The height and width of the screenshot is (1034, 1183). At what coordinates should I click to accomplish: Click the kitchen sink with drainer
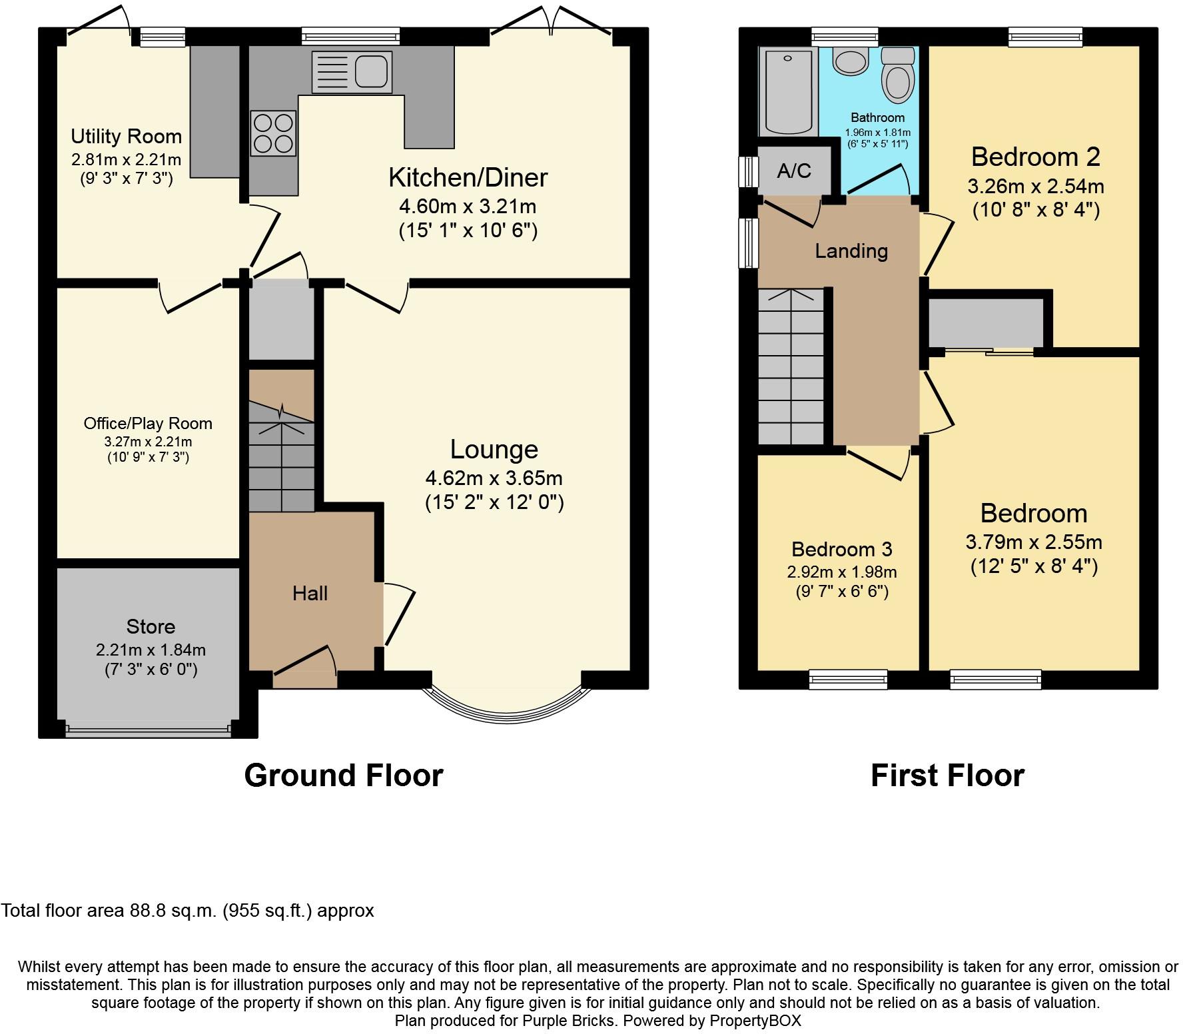pyautogui.click(x=352, y=72)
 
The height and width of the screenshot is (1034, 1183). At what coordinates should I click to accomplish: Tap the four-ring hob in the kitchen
pyautogui.click(x=273, y=133)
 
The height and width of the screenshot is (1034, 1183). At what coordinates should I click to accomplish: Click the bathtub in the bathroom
pyautogui.click(x=788, y=91)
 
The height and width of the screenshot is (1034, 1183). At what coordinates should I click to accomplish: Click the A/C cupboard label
pyautogui.click(x=794, y=171)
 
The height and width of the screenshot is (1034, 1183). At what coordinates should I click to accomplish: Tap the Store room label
pyautogui.click(x=151, y=626)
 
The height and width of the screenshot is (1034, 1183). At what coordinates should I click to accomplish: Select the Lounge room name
pyautogui.click(x=494, y=449)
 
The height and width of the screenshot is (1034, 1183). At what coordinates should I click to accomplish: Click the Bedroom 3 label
pyautogui.click(x=841, y=549)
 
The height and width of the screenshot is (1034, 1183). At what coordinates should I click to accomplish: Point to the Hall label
pyautogui.click(x=310, y=593)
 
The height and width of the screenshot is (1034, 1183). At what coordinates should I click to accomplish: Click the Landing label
pyautogui.click(x=851, y=251)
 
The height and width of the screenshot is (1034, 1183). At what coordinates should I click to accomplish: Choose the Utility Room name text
pyautogui.click(x=127, y=137)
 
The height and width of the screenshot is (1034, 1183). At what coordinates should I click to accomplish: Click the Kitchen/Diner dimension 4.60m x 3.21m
pyautogui.click(x=468, y=207)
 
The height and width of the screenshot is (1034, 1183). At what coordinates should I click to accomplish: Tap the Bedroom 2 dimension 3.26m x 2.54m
pyautogui.click(x=1036, y=186)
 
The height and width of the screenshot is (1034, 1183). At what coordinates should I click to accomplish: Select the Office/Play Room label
pyautogui.click(x=148, y=423)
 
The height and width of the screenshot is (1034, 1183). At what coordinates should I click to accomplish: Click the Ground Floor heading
pyautogui.click(x=344, y=775)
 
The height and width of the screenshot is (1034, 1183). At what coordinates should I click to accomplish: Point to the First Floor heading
pyautogui.click(x=947, y=775)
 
